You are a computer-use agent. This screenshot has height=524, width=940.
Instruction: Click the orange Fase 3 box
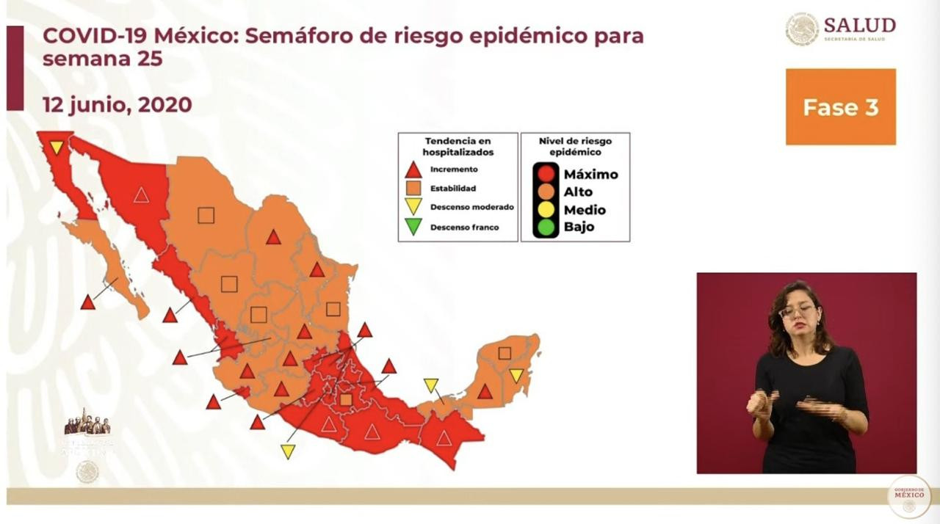(840, 107)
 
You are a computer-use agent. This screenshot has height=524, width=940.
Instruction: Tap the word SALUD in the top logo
(859, 25)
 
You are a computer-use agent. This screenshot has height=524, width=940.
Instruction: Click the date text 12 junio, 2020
(117, 104)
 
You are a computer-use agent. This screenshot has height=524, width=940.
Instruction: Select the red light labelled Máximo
(545, 174)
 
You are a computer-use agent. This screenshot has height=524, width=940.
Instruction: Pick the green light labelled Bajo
(545, 227)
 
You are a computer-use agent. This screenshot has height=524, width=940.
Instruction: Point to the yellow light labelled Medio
(545, 210)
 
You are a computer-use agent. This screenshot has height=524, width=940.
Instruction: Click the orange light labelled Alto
(545, 192)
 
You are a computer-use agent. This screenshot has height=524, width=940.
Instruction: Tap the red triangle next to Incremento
(413, 170)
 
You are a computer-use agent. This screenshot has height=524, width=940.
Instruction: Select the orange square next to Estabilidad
(413, 189)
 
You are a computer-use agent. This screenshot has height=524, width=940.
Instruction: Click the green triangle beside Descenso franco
(413, 228)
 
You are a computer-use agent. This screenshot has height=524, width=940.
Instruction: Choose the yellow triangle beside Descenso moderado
(413, 208)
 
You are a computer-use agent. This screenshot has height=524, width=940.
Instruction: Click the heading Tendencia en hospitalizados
(458, 146)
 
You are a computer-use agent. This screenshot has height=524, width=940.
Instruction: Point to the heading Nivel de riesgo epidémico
(575, 146)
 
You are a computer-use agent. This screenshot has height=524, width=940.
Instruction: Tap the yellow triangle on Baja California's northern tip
(57, 147)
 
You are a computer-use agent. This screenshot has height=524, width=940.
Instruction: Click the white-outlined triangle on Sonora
(141, 195)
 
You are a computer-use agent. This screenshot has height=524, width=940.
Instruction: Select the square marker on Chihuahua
(206, 215)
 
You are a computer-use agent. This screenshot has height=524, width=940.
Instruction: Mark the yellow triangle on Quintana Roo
(516, 375)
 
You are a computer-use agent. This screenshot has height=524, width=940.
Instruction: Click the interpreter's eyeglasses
(797, 310)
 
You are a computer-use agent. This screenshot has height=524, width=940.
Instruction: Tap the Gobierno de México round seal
(909, 497)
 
